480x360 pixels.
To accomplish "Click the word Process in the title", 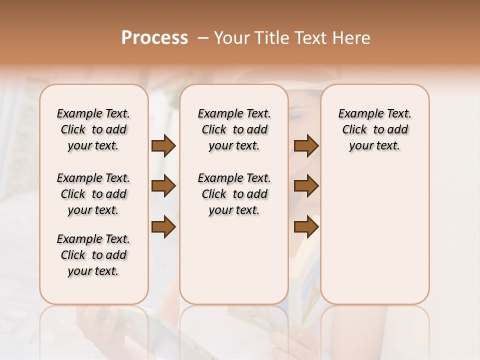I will [x=154, y=38].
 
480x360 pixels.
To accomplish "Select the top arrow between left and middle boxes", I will [x=163, y=146].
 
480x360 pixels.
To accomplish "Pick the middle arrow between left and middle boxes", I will [x=163, y=186].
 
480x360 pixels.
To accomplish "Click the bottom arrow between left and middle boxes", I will [x=163, y=227].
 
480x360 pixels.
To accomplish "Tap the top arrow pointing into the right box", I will [x=306, y=146].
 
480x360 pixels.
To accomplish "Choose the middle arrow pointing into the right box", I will [x=306, y=186].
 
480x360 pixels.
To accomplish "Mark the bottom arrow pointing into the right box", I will [x=306, y=227].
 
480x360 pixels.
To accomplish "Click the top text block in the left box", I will [x=93, y=129].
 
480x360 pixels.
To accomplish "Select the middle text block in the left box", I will [x=93, y=194].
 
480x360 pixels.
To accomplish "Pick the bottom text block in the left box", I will [x=93, y=255].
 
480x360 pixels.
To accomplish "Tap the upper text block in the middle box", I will [x=234, y=129].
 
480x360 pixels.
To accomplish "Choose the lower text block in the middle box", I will [x=234, y=194].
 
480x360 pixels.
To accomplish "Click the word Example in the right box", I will [x=357, y=114].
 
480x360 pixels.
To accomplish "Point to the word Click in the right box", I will [x=354, y=130].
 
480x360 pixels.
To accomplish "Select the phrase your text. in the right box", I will [x=374, y=146].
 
